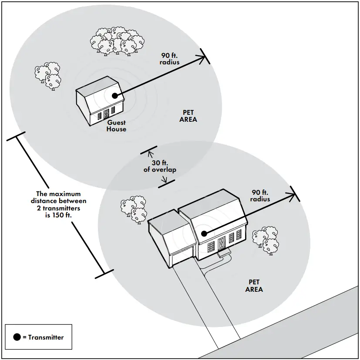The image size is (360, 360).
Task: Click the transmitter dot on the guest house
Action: pyautogui.click(x=114, y=96)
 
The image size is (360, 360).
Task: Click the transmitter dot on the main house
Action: pyautogui.click(x=203, y=233)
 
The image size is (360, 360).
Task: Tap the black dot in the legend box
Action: pyautogui.click(x=17, y=337)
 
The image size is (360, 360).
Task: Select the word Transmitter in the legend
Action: pyautogui.click(x=46, y=337)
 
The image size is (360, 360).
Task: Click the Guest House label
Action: pyautogui.click(x=116, y=126)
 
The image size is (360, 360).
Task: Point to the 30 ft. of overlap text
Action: pyautogui.click(x=160, y=167)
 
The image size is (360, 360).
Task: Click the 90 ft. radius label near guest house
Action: pyautogui.click(x=170, y=59)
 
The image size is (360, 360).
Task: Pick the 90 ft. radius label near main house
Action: pyautogui.click(x=260, y=196)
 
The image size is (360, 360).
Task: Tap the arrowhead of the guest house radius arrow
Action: pyautogui.click(x=202, y=57)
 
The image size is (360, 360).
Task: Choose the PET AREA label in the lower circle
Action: pyautogui.click(x=254, y=285)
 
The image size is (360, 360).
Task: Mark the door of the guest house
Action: pyautogui.click(x=105, y=114)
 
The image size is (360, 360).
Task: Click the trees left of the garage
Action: pyautogui.click(x=135, y=209)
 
